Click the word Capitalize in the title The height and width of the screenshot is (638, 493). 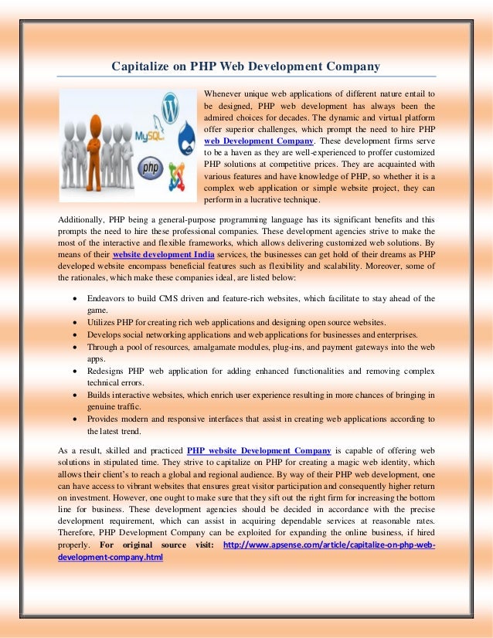point(144,66)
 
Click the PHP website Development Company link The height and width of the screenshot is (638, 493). point(259,450)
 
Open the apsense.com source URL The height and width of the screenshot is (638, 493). point(328,545)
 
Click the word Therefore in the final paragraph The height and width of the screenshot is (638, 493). point(81,533)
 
